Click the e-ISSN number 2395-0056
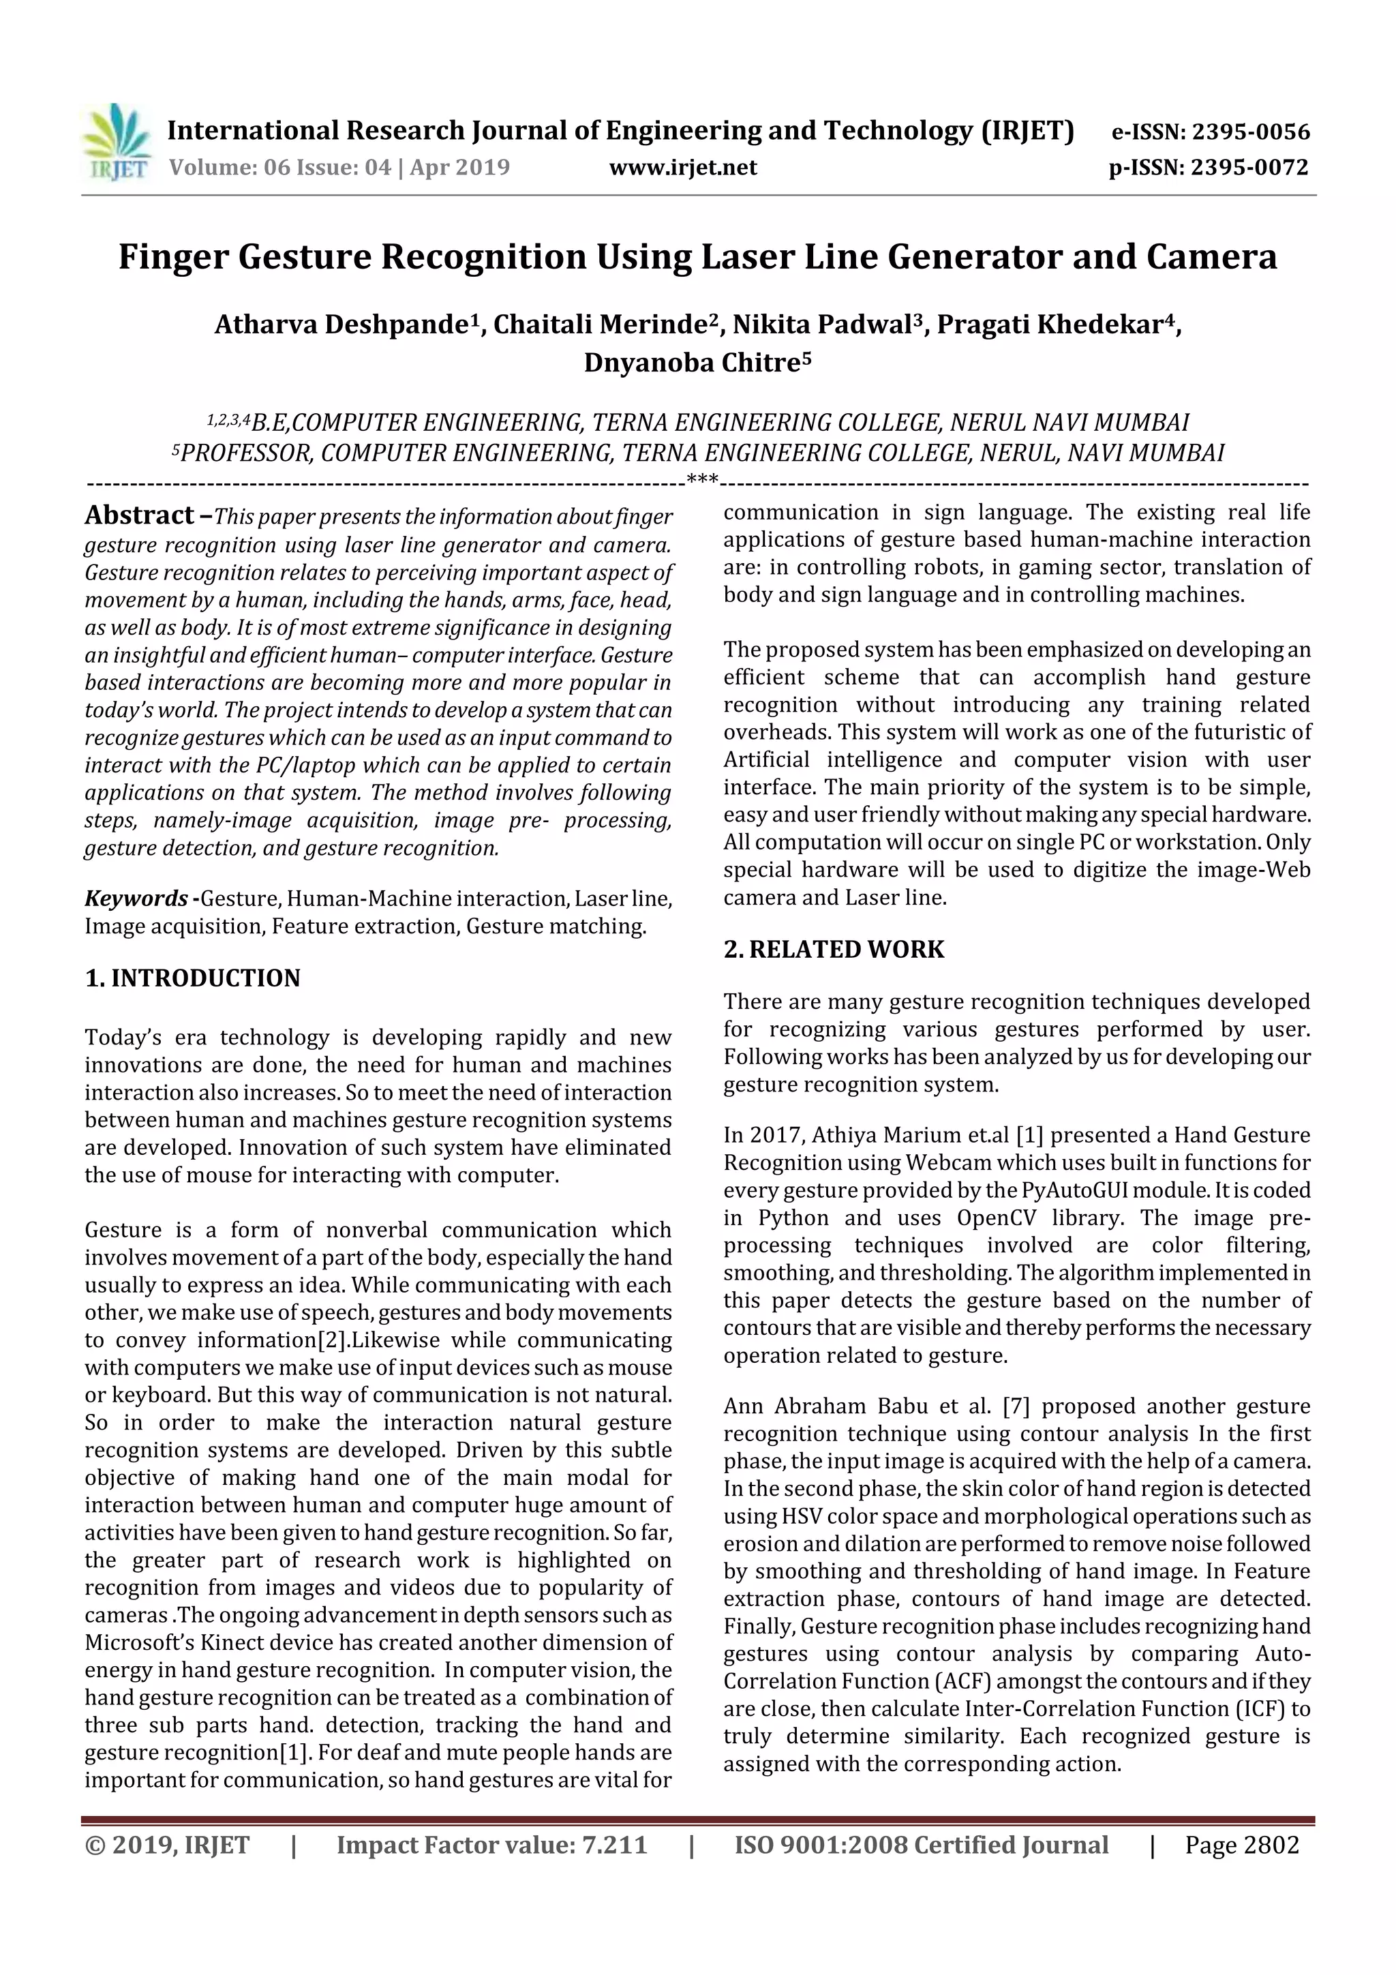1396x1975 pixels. click(x=1249, y=132)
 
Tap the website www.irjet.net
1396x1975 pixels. click(x=683, y=168)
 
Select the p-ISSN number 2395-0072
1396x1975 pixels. click(x=1249, y=168)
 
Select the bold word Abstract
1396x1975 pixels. click(x=139, y=516)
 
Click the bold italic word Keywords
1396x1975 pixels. click(x=136, y=899)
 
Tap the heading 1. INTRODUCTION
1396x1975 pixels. click(x=193, y=978)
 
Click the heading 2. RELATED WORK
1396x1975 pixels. click(x=834, y=950)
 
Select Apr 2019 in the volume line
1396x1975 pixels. click(x=459, y=168)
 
